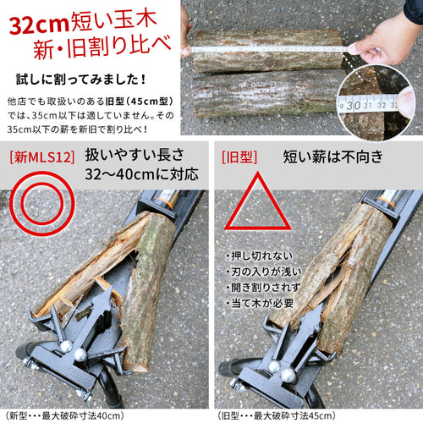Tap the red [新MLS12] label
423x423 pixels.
coord(42,157)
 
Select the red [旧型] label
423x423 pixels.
coord(239,157)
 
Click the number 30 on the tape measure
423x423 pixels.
coord(354,106)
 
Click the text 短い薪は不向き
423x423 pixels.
coord(333,157)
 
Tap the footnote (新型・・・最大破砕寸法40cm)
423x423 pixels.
coord(64,415)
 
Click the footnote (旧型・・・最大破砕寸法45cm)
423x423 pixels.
coord(277,415)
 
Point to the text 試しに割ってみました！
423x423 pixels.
coord(81,80)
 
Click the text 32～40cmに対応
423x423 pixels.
coord(142,174)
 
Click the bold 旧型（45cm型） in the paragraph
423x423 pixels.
coord(140,102)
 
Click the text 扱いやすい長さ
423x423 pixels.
coord(135,155)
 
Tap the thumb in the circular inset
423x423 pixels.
coord(405,102)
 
